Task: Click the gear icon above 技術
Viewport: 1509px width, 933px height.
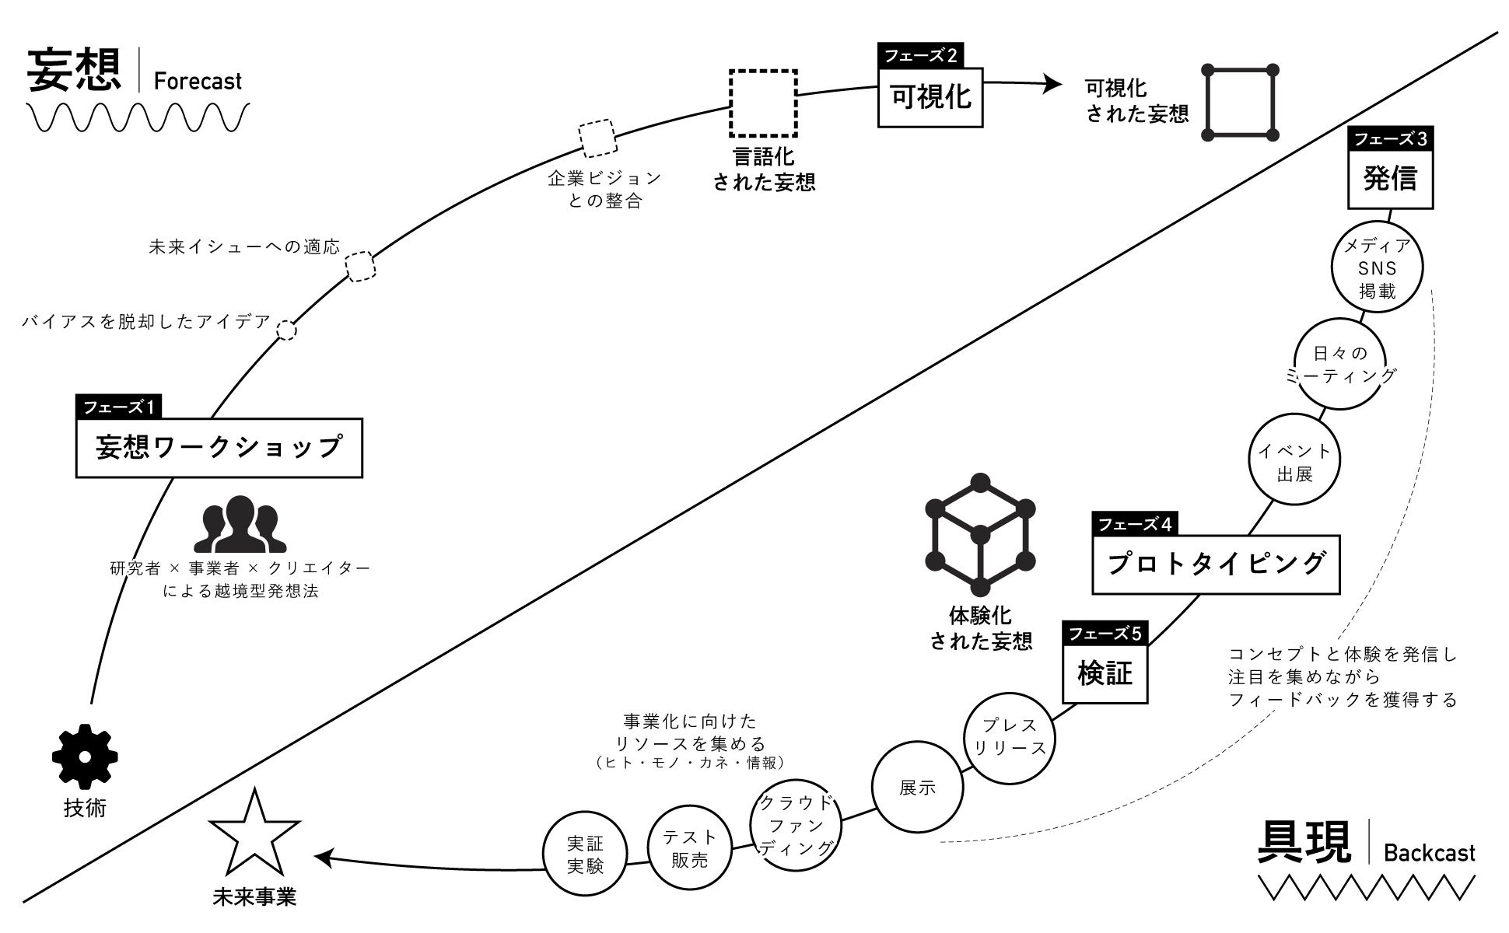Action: [x=85, y=756]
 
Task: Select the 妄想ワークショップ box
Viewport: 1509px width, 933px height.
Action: [x=219, y=448]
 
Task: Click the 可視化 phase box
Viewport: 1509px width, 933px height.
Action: [x=930, y=97]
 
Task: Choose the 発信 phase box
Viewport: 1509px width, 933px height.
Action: [x=1390, y=179]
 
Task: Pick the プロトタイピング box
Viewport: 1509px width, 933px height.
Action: [x=1216, y=564]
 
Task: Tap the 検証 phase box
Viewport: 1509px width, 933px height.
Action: [x=1105, y=673]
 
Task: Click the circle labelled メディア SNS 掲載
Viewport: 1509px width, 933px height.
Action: [x=1378, y=268]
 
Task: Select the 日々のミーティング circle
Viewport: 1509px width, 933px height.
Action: [x=1340, y=364]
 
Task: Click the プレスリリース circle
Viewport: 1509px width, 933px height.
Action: [x=1010, y=737]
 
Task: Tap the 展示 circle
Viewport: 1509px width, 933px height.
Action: [x=917, y=788]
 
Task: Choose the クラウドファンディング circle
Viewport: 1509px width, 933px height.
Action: [x=796, y=825]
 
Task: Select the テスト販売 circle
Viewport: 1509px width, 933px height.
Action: [x=690, y=847]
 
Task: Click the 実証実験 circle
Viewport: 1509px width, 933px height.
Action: [x=585, y=854]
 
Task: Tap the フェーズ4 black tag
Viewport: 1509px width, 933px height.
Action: [x=1134, y=524]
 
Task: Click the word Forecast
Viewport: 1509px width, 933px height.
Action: [x=198, y=81]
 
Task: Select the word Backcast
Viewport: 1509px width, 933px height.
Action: [x=1429, y=853]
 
